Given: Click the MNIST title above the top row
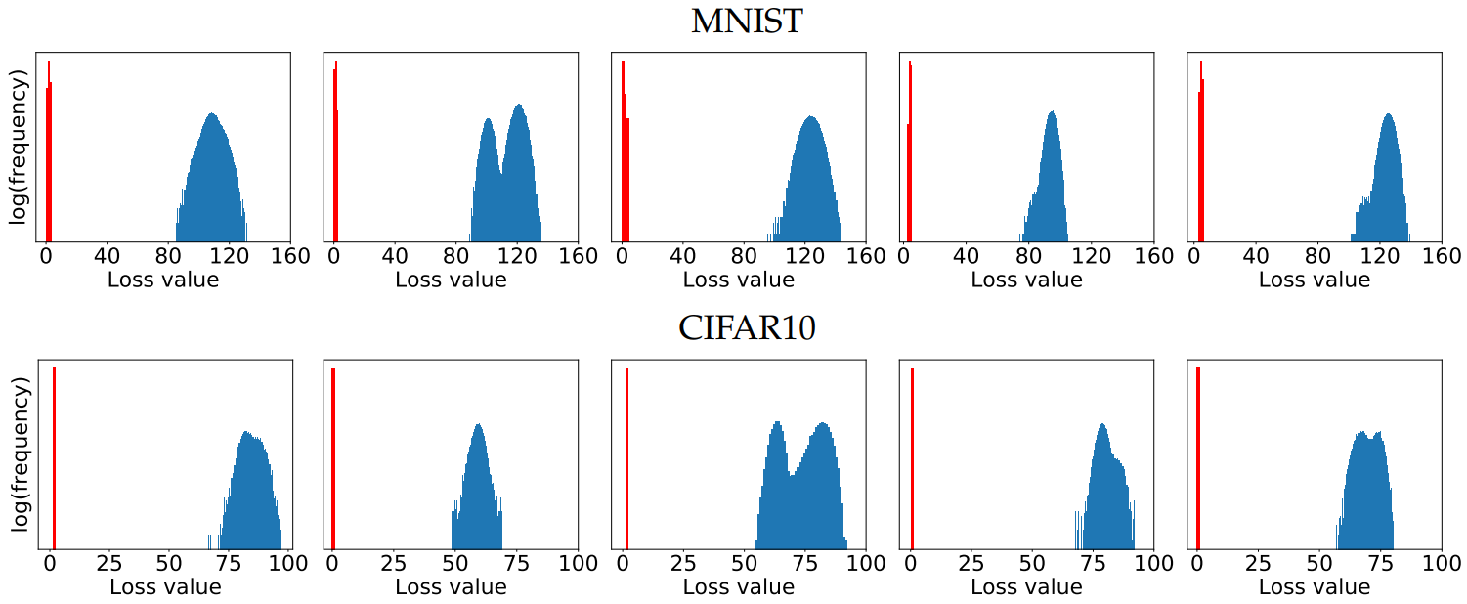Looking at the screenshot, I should click(x=746, y=22).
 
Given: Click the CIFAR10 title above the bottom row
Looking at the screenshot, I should click(x=747, y=328).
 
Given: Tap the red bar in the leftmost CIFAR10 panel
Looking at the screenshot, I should click(x=54, y=459).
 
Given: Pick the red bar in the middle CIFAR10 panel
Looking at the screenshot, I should click(x=626, y=459).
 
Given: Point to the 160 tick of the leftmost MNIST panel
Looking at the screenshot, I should click(x=288, y=257).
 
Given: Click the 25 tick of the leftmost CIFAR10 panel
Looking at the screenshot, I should click(x=109, y=564).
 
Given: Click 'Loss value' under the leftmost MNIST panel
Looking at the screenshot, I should click(x=163, y=280).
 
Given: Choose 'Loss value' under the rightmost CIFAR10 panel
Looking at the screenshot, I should click(x=1315, y=587).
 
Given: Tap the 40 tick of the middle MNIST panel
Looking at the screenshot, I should click(x=683, y=257).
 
